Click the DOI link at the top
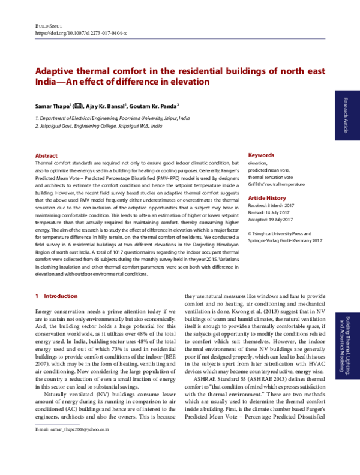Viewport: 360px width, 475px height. [x=81, y=34]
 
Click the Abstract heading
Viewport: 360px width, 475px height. [x=47, y=155]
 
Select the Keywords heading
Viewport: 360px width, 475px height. [x=261, y=155]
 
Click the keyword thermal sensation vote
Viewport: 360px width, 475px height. [x=270, y=178]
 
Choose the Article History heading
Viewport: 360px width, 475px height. [x=267, y=197]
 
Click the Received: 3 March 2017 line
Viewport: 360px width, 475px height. [x=272, y=206]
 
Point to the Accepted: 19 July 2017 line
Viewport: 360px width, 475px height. [x=271, y=220]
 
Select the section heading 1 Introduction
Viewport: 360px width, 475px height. [x=56, y=296]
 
